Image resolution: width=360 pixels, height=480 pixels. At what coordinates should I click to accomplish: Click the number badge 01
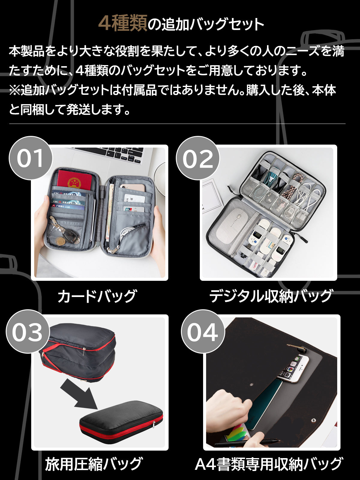(x=30, y=158)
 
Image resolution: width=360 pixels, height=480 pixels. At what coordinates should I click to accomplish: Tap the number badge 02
(x=198, y=158)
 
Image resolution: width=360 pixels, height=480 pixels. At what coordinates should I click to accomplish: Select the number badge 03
(x=28, y=331)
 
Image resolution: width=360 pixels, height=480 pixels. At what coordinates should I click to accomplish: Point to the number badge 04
(x=202, y=331)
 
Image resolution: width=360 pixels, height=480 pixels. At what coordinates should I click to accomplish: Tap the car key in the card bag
(x=70, y=235)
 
